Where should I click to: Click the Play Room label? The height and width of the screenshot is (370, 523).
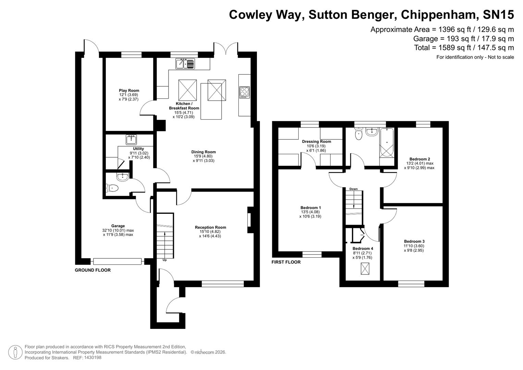click(129, 91)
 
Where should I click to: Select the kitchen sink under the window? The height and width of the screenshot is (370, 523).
click(185, 64)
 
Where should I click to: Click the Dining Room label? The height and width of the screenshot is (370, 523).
click(203, 152)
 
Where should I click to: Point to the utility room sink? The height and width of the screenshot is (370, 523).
click(132, 140)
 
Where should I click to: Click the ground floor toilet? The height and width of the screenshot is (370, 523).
click(113, 188)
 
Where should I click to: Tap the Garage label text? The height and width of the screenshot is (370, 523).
click(118, 226)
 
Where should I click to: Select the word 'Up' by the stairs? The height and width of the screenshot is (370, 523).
click(164, 260)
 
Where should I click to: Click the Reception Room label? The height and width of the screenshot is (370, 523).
click(210, 227)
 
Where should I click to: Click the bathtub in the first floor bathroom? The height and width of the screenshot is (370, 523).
click(387, 142)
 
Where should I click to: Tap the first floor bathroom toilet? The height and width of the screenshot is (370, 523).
click(359, 134)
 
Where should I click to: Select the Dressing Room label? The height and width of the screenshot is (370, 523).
click(316, 141)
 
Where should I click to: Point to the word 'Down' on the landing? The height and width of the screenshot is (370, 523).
click(353, 189)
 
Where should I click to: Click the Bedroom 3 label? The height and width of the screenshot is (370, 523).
click(414, 242)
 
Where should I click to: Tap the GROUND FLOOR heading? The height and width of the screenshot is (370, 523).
click(93, 270)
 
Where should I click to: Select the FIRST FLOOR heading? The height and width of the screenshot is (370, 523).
click(286, 262)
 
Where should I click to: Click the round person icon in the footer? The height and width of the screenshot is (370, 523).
click(15, 352)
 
